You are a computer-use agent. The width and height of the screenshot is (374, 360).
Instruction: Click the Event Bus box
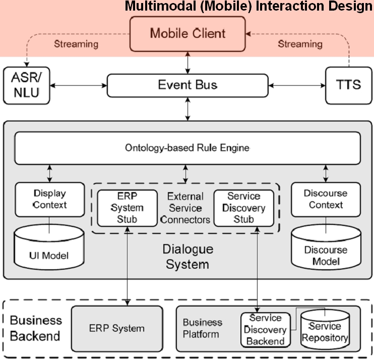(x=188, y=85)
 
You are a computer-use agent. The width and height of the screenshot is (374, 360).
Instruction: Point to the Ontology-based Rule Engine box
(x=188, y=148)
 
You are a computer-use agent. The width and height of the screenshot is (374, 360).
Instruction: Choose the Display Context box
(x=49, y=199)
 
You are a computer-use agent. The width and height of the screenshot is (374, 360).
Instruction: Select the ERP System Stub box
(x=127, y=207)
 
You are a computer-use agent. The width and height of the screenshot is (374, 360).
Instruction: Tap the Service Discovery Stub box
(x=244, y=207)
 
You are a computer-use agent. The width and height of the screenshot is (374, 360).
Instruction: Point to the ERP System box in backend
(x=117, y=328)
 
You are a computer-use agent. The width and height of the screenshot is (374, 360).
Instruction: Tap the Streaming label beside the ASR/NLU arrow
(x=76, y=44)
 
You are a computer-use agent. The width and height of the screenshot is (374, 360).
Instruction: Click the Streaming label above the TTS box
(x=300, y=44)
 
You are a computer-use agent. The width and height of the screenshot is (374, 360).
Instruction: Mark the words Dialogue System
(x=188, y=256)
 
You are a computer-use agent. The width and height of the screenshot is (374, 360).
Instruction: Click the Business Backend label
(x=36, y=328)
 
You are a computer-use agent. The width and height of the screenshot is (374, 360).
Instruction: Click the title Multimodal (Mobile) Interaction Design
(x=248, y=7)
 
